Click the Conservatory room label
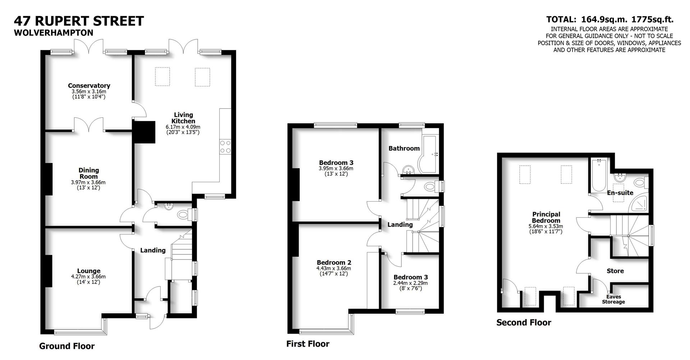coord(89,86)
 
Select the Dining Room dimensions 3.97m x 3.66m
coord(88,183)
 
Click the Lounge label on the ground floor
coord(89,271)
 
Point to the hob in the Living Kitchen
coord(225,147)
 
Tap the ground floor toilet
coord(184,215)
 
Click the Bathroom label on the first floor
coord(404,148)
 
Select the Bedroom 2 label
coord(334,263)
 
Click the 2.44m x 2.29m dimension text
coord(410,283)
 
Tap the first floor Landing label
coord(400,225)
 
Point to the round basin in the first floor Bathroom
coord(408,170)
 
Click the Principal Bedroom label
coord(546,217)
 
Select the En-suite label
coord(620,193)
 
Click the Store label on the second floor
coord(615,271)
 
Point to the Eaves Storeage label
coord(613,299)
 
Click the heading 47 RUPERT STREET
coord(79,21)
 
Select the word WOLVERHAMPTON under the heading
coord(54,33)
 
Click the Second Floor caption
coord(524,323)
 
